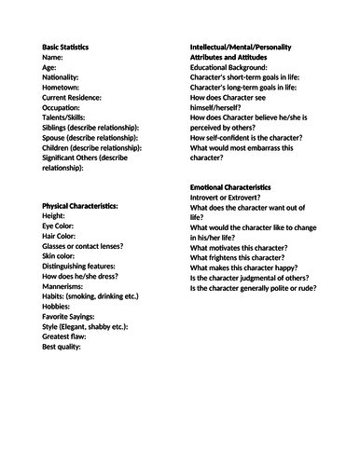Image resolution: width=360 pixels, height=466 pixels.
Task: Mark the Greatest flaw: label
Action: pyautogui.click(x=72, y=337)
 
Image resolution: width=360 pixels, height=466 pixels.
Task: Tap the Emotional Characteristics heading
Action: pyautogui.click(x=240, y=188)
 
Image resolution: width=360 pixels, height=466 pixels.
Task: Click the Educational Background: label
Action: pyautogui.click(x=241, y=67)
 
